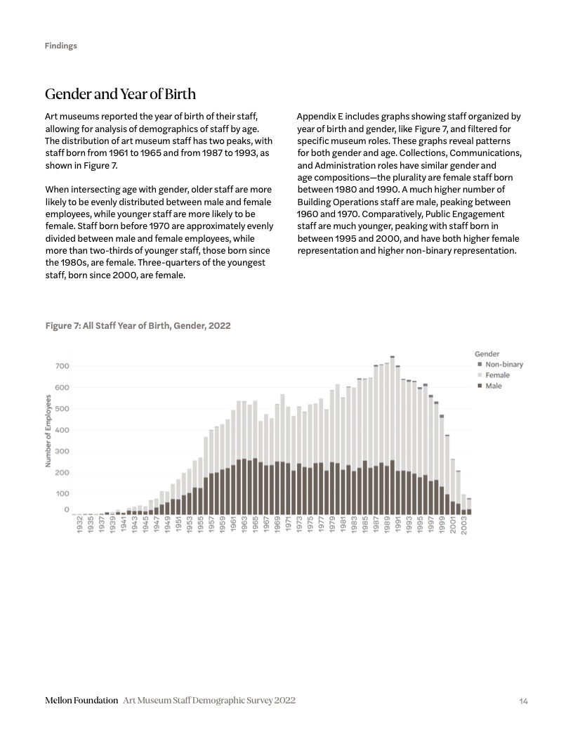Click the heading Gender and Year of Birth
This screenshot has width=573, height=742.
[x=120, y=94]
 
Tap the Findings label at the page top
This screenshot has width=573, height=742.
[x=61, y=46]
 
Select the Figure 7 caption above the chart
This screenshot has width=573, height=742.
[x=138, y=326]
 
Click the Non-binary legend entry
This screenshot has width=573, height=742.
[x=503, y=365]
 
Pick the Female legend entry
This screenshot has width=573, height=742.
[x=497, y=375]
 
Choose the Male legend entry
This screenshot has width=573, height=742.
[x=494, y=386]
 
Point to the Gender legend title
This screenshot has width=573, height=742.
[x=487, y=354]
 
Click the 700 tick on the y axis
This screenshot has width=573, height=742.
[x=61, y=366]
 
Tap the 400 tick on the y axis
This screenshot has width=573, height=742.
[x=61, y=430]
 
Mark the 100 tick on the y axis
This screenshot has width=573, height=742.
[x=61, y=494]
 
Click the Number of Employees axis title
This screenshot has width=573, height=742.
[x=48, y=431]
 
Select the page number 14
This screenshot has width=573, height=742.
[x=524, y=701]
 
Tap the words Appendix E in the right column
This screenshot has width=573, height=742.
[x=320, y=117]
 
